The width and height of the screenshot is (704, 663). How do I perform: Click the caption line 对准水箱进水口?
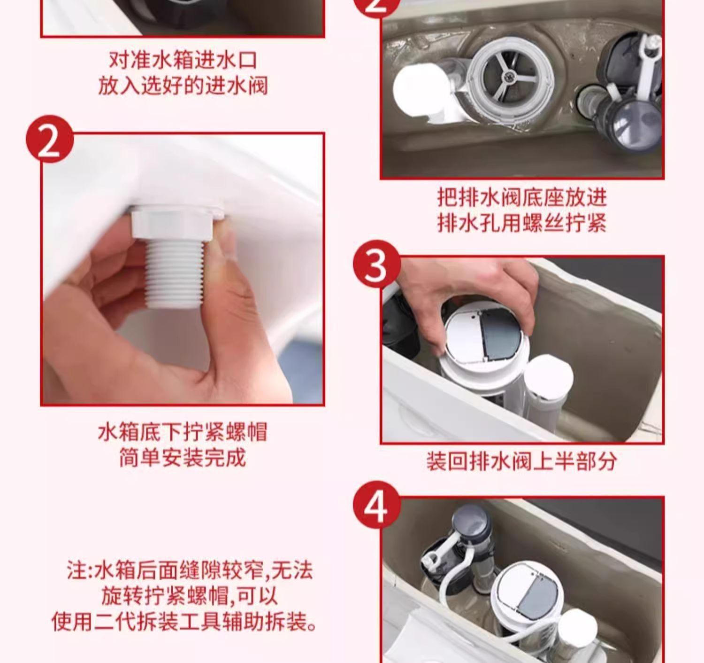pyautogui.click(x=182, y=60)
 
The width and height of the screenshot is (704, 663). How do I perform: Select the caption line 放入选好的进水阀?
pyautogui.click(x=182, y=86)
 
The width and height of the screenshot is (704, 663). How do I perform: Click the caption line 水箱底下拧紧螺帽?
pyautogui.click(x=182, y=432)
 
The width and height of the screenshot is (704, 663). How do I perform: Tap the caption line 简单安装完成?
pyautogui.click(x=182, y=458)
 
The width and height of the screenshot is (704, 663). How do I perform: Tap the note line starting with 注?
pyautogui.click(x=190, y=570)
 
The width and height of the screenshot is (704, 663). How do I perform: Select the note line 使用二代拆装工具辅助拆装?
pyautogui.click(x=184, y=623)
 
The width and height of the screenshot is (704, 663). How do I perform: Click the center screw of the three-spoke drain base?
pyautogui.click(x=511, y=75)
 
